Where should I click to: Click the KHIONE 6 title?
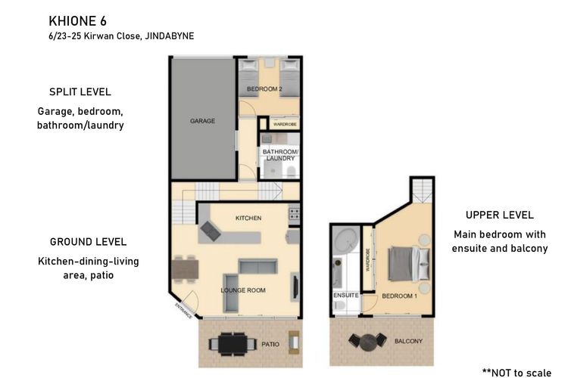[77, 21]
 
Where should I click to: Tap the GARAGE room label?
[202, 121]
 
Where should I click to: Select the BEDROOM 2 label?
[264, 88]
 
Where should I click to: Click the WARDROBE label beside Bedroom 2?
[285, 124]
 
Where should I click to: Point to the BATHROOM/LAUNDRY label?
[280, 155]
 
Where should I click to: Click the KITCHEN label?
[248, 218]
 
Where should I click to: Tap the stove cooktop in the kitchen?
[294, 213]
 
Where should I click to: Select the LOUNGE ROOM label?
[243, 290]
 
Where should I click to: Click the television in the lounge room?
[295, 287]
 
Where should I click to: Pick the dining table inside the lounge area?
[185, 269]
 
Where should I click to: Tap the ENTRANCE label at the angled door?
[184, 311]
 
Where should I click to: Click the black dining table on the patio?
[233, 344]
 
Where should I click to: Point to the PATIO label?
[270, 344]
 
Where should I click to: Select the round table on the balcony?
[368, 341]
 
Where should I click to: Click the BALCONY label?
[408, 341]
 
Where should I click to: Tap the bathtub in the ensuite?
[346, 240]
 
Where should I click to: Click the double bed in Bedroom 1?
[409, 264]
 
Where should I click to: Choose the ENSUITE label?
[346, 295]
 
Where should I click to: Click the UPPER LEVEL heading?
[500, 215]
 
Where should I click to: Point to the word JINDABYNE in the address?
[170, 36]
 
